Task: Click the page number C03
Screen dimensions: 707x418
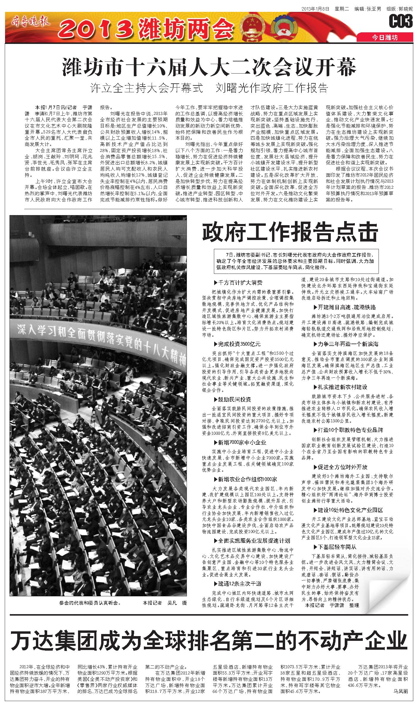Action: coord(401,21)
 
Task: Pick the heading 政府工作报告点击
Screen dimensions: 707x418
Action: coord(290,232)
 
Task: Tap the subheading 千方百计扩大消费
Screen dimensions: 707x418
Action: coord(238,283)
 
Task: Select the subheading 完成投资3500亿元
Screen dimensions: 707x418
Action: coord(237,344)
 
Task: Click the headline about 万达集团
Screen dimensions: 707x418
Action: coord(209,639)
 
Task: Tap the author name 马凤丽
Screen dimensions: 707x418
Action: coord(401,697)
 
